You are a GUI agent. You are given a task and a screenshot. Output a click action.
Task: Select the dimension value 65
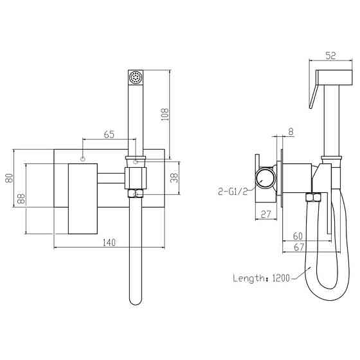109,135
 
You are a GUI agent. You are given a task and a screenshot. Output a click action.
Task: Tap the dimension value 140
109,242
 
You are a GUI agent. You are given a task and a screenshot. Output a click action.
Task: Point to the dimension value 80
8,178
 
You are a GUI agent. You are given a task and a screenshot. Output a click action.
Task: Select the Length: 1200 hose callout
259,278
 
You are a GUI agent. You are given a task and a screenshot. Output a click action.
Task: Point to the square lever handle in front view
82,199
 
